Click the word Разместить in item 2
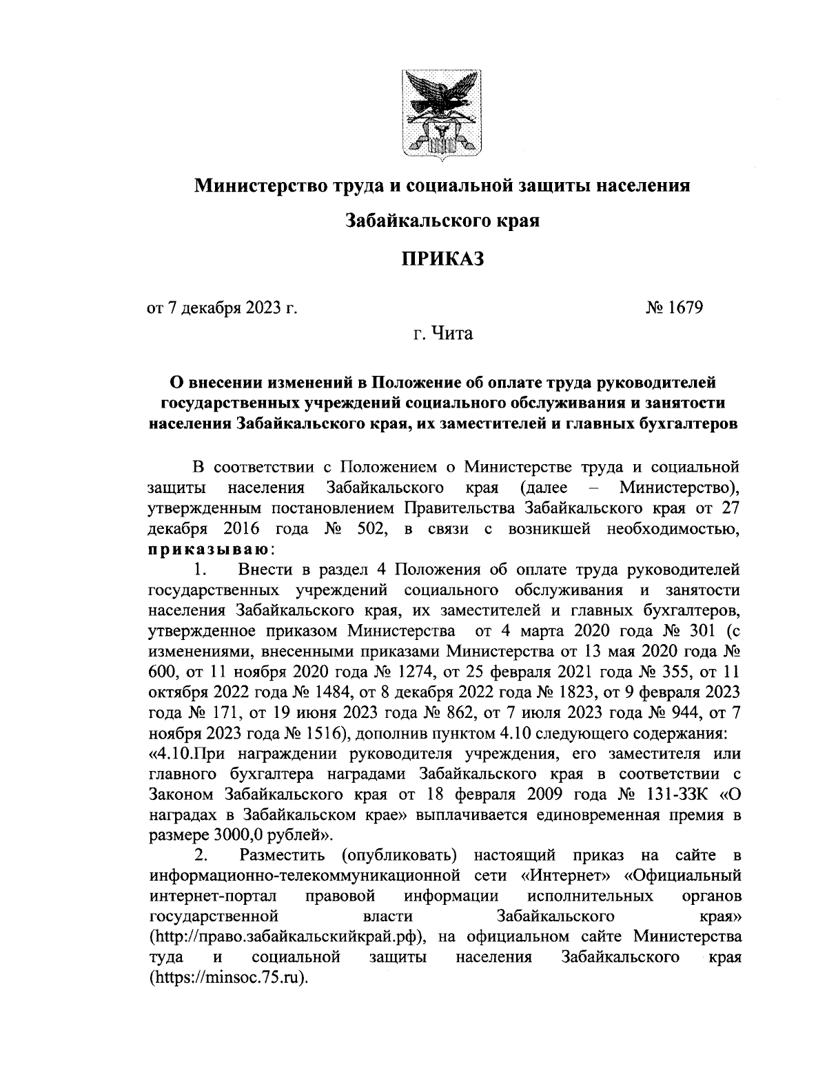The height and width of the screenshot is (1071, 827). coord(284,856)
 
